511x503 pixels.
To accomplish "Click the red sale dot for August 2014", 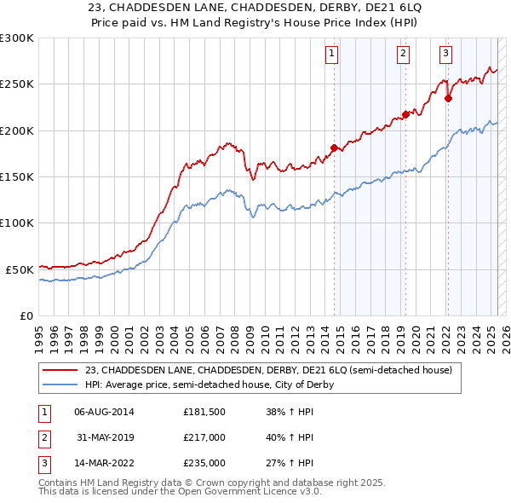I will pos(334,147).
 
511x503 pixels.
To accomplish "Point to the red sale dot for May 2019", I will pos(405,115).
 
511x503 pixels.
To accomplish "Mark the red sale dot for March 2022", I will pos(449,98).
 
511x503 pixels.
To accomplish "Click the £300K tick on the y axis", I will pos(17,38).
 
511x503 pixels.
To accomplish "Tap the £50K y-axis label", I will pos(20,269).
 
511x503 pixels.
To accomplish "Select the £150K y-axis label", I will pos(17,176).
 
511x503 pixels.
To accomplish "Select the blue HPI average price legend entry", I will pos(209,384).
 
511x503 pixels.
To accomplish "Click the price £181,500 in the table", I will pos(204,412).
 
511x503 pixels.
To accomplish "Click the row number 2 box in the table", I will pos(43,437).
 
